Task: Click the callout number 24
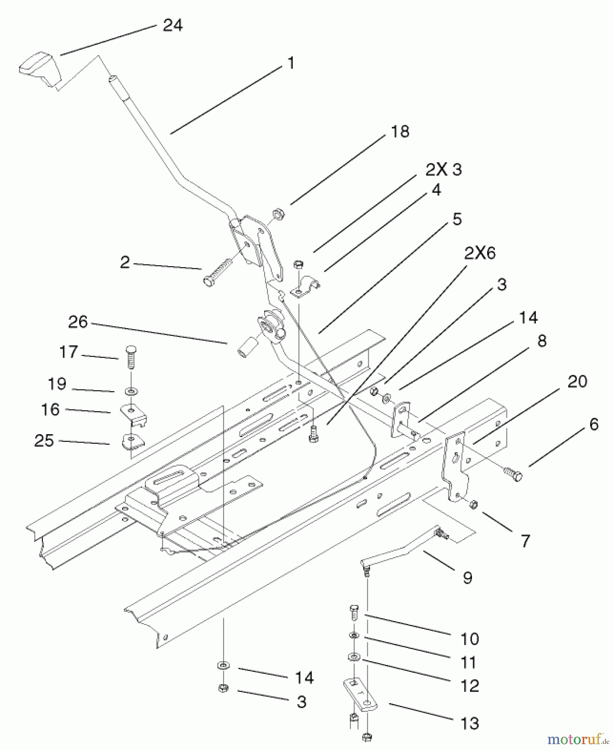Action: coord(172,25)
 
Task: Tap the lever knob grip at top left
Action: coord(40,69)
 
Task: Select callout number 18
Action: coord(400,132)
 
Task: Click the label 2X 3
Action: coord(443,170)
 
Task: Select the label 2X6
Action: coord(479,253)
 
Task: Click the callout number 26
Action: coord(78,322)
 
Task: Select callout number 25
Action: coord(44,440)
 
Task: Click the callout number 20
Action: coord(577,382)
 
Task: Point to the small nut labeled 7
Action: coord(473,505)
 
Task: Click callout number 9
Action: coord(467,577)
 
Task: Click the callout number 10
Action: coord(470,639)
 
